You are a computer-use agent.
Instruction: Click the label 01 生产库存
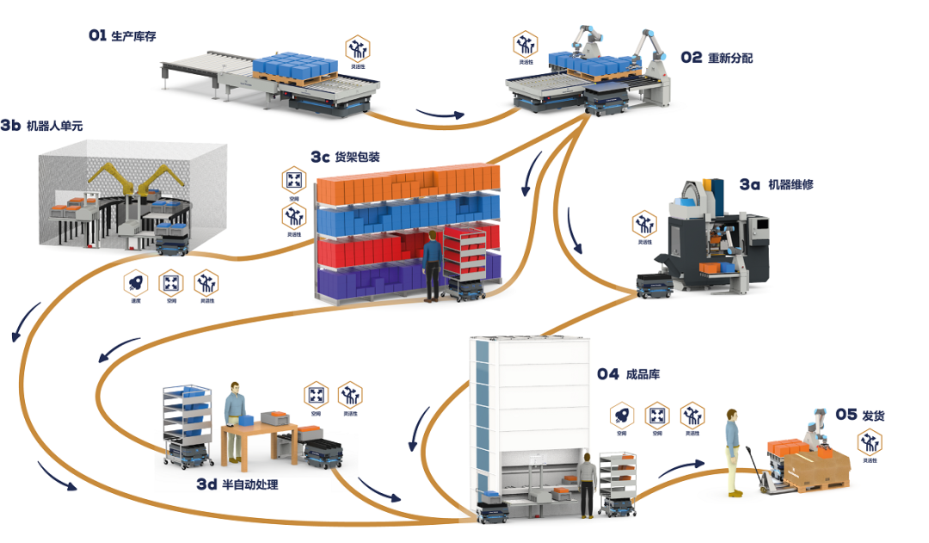122,36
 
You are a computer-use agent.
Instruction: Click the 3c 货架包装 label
345,157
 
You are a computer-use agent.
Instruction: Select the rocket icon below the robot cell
136,282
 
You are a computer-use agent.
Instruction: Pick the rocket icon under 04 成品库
621,417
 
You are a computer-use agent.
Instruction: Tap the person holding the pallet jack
733,450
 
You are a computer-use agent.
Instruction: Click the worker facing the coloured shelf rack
433,265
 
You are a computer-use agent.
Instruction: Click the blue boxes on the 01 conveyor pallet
300,65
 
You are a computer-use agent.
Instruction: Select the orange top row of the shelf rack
404,187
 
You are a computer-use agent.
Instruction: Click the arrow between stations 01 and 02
440,114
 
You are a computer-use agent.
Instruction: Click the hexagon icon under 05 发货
870,443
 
